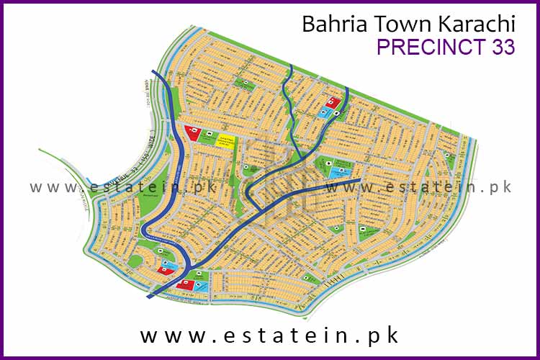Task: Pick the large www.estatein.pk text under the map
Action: coord(269,336)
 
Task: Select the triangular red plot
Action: coord(192,132)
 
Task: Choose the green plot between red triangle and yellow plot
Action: coord(207,138)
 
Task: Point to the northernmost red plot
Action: coord(333,103)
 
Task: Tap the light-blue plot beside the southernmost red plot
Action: coord(203,287)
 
